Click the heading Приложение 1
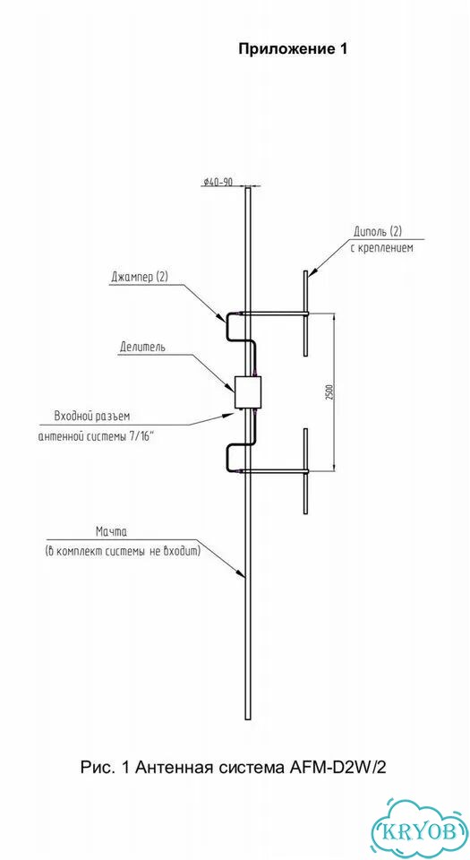(x=293, y=49)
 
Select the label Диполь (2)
(x=380, y=230)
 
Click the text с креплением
(x=381, y=247)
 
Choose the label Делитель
(x=143, y=348)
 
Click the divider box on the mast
(x=248, y=391)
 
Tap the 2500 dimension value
(x=329, y=391)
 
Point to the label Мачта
(x=111, y=531)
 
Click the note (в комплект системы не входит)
(x=123, y=551)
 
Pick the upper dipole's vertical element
(x=306, y=313)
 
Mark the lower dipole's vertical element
(x=306, y=471)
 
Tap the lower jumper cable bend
(x=226, y=458)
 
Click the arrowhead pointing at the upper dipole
(x=312, y=272)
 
